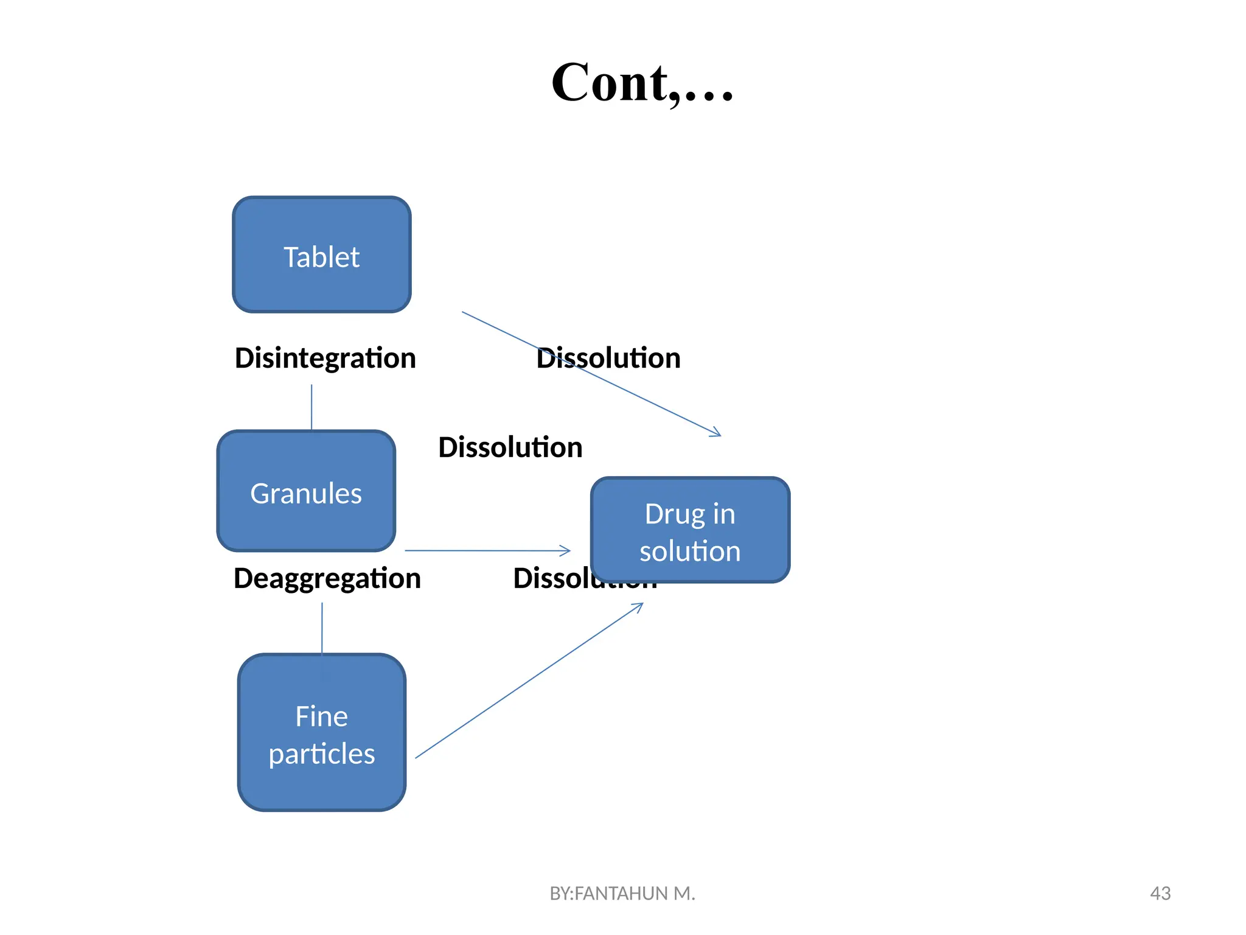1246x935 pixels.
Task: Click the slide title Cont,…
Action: coord(642,83)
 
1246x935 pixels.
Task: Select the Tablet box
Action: coord(322,255)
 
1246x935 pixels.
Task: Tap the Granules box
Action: coord(306,491)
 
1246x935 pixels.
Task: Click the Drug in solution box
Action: coord(690,530)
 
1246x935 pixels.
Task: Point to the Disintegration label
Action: coord(325,358)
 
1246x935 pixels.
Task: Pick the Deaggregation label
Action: coord(327,578)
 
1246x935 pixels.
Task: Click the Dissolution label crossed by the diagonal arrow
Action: coord(608,358)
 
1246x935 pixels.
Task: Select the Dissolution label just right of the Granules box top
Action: coord(510,447)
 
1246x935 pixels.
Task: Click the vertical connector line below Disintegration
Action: coord(311,407)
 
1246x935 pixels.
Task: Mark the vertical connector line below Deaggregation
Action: coord(322,628)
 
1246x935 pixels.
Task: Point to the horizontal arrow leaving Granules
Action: coord(487,550)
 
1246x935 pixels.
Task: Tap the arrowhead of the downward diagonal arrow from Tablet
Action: coord(716,433)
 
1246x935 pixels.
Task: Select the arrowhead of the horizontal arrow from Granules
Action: coord(566,550)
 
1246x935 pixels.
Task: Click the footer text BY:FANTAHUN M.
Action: coord(622,893)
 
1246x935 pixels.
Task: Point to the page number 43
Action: coord(1160,893)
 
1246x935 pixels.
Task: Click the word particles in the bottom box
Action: coord(322,754)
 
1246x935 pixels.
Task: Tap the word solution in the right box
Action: coord(690,552)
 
